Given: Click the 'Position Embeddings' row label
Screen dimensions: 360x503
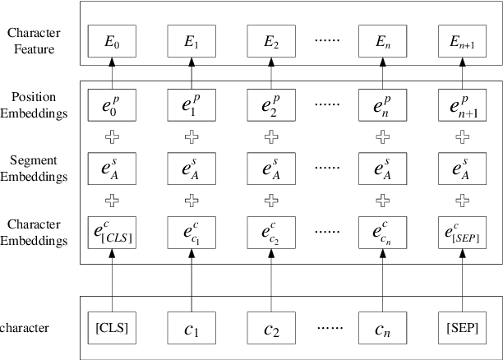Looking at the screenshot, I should (36, 105).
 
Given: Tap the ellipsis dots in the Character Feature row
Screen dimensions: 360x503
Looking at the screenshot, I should (332, 39).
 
